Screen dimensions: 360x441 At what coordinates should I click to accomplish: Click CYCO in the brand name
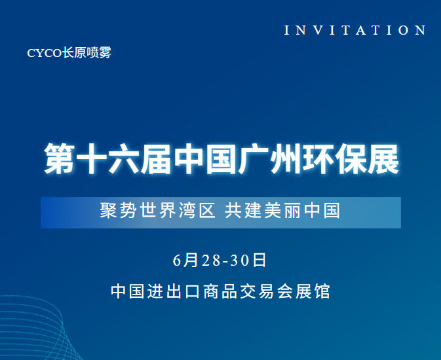44,53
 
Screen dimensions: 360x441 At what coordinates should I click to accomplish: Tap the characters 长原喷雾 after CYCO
86,53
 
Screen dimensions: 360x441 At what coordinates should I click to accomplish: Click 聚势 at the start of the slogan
117,211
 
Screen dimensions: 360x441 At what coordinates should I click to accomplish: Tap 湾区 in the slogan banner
197,211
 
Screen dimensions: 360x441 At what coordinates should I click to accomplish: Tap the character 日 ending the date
259,260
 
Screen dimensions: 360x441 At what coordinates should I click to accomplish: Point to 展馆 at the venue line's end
313,291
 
